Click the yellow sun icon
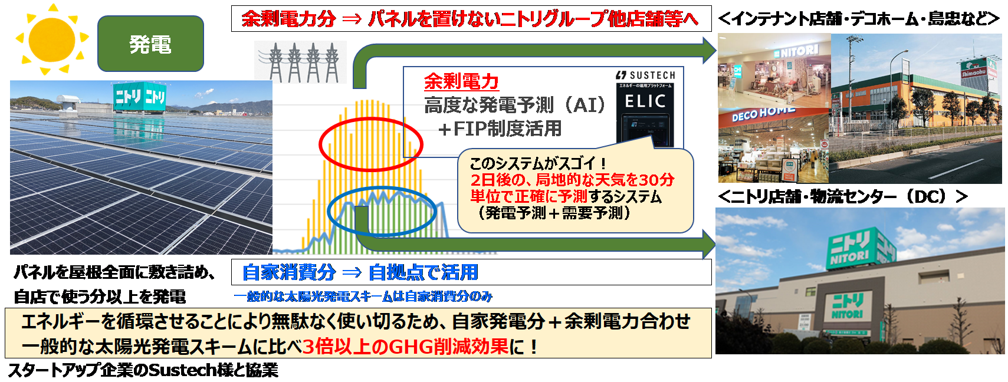(52, 40)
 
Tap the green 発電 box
(150, 44)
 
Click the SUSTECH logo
(645, 75)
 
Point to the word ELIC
(645, 101)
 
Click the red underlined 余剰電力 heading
(461, 81)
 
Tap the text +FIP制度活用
(500, 129)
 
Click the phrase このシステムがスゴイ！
(538, 163)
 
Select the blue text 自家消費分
(289, 272)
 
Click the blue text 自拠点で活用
(423, 272)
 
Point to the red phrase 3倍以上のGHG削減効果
(405, 346)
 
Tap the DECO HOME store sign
(763, 113)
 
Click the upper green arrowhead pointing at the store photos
(708, 50)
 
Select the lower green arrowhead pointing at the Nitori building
(708, 244)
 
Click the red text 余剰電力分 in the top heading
(289, 19)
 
